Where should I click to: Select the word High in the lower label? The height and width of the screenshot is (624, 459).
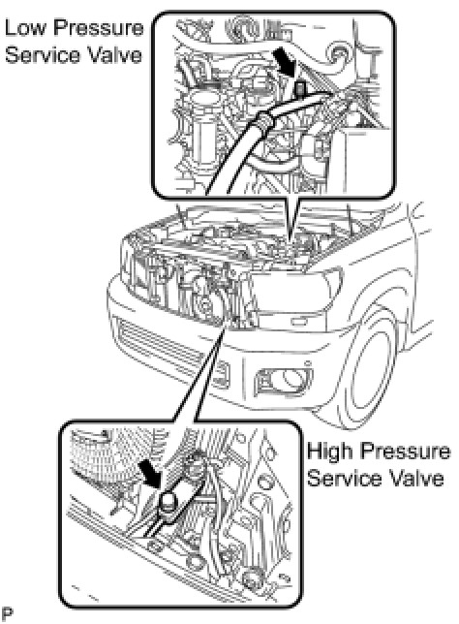pos(330,452)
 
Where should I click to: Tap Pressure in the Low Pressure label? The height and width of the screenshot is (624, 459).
pos(98,28)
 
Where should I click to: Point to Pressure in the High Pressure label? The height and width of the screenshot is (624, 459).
pos(405,452)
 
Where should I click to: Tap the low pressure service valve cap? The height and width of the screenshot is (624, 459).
pos(300,87)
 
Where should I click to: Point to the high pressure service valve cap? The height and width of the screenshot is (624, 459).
pos(169,499)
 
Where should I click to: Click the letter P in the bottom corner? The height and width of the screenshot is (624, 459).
pos(7,613)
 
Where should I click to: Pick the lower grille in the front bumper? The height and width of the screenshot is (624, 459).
pos(168,350)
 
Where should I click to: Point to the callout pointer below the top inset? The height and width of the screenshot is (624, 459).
pos(291,219)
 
